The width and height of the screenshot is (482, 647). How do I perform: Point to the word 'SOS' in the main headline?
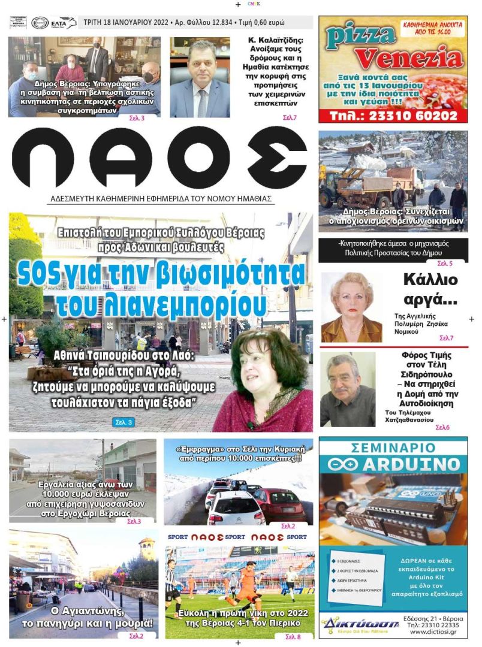(38, 274)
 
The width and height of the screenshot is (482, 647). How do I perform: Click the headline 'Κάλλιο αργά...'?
(430, 288)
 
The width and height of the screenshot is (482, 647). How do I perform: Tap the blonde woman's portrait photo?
(351, 307)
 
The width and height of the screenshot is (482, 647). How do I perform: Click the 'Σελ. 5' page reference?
(444, 264)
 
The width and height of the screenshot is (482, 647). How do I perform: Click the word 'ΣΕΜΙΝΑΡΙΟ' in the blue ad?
(393, 447)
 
